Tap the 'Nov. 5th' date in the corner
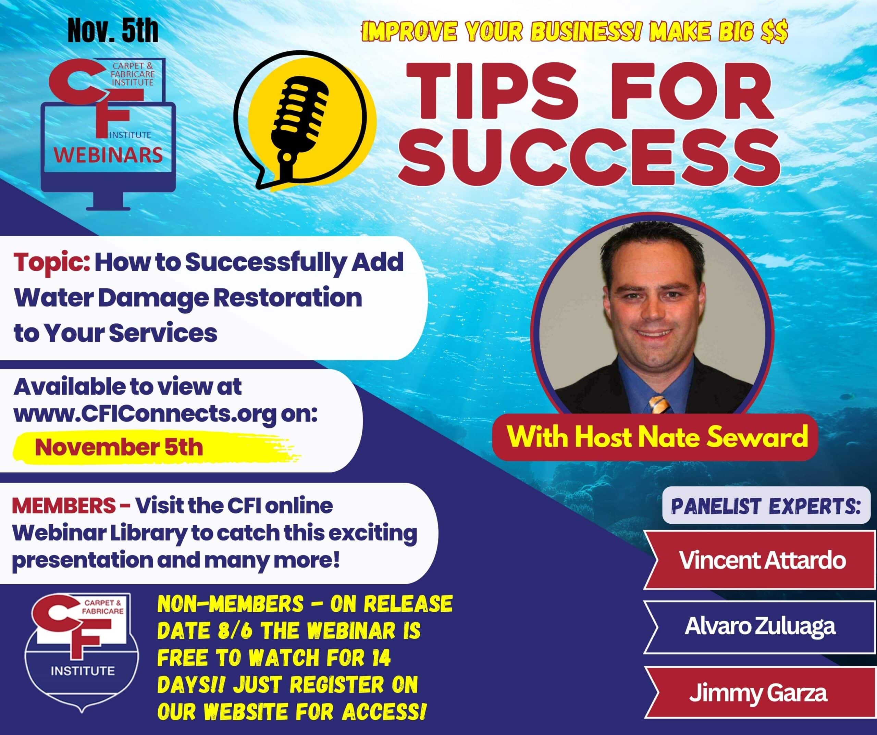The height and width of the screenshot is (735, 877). (x=113, y=30)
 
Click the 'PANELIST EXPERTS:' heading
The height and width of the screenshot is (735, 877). (x=766, y=506)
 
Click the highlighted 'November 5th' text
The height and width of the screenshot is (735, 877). (x=119, y=447)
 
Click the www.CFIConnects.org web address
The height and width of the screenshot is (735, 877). (x=145, y=414)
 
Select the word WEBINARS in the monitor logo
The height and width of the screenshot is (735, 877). (x=108, y=155)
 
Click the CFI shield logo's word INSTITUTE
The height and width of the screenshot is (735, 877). (x=83, y=671)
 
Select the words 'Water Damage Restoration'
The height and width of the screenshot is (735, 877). (x=188, y=298)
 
